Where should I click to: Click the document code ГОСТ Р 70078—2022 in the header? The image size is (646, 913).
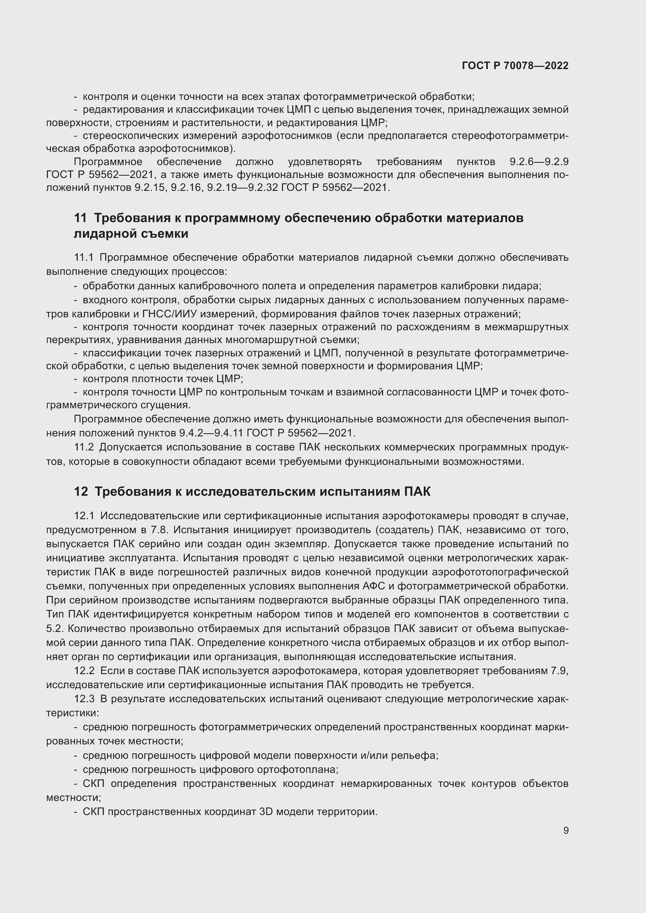(515, 66)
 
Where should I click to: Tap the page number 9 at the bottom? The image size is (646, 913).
(566, 830)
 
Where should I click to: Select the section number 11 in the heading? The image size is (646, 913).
(80, 218)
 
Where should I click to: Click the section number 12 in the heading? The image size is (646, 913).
(81, 492)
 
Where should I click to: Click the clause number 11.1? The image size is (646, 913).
(84, 258)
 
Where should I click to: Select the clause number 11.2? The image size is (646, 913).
(84, 447)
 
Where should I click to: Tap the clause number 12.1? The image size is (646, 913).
(84, 516)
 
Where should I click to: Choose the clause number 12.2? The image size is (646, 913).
(84, 671)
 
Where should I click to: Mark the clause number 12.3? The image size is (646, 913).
(84, 699)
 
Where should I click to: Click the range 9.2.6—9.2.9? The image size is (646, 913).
(539, 162)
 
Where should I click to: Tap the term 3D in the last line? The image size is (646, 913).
(266, 812)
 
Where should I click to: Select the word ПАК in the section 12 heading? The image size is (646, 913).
(417, 492)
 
